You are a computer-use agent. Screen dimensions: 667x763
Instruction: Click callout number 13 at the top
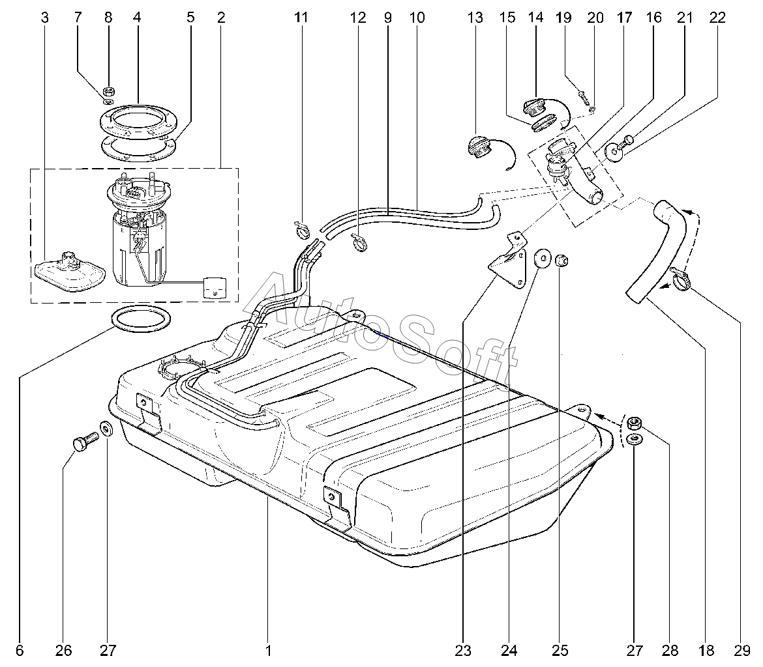[x=475, y=18]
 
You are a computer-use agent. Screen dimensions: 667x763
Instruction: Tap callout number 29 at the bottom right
[x=741, y=649]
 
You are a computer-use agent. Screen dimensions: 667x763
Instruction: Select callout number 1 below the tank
[x=268, y=649]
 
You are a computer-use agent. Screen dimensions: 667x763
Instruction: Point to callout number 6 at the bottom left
[x=20, y=649]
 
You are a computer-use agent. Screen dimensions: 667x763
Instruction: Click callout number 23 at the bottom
[x=464, y=649]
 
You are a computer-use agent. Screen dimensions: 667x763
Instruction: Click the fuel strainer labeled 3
[x=68, y=271]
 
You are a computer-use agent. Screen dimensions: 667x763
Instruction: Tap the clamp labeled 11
[x=301, y=228]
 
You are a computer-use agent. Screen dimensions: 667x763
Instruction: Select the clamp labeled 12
[x=360, y=243]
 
